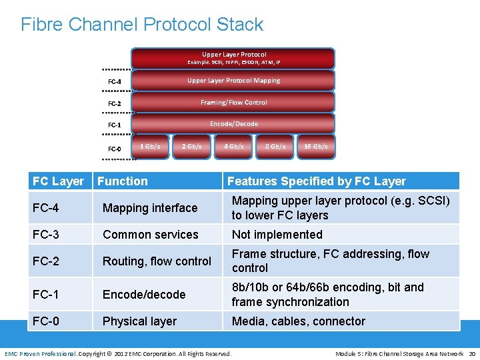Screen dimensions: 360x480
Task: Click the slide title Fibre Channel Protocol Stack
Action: [142, 25]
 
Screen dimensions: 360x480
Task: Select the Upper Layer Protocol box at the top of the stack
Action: [233, 58]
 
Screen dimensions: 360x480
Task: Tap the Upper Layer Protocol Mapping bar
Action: [233, 81]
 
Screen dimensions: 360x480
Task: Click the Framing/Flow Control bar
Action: [233, 103]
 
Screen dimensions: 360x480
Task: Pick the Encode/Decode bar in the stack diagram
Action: [233, 124]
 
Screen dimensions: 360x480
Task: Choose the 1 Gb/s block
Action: [150, 147]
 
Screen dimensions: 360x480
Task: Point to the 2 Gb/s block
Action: [192, 147]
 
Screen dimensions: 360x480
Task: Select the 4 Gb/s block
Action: [233, 147]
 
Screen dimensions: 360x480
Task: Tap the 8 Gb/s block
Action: [275, 147]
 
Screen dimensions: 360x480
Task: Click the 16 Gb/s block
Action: [315, 147]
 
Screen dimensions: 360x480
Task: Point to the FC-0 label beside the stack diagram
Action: [115, 149]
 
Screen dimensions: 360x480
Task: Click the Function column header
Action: [123, 181]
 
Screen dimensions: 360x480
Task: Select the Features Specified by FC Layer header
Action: [317, 181]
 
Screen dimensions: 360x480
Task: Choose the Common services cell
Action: [150, 235]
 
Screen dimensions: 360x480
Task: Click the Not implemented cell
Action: [277, 235]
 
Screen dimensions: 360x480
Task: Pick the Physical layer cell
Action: [139, 321]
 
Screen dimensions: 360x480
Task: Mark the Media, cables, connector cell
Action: [298, 321]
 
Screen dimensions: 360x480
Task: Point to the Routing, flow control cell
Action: [157, 261]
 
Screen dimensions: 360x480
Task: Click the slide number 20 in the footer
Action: [472, 353]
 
